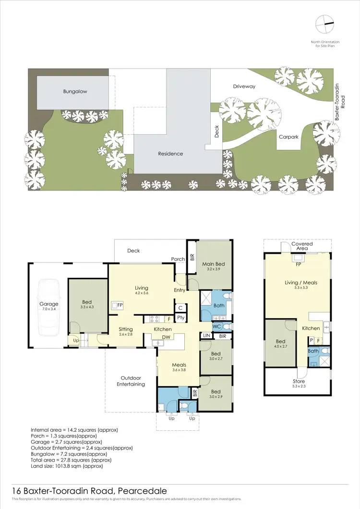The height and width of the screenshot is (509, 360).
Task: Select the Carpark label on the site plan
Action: coord(288,137)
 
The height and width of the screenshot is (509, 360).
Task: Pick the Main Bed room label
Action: coord(213,264)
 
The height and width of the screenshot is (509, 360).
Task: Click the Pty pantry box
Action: coord(180,318)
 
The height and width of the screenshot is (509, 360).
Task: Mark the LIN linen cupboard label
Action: coord(206,336)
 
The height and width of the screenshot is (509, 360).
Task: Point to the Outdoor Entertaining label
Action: coord(131,381)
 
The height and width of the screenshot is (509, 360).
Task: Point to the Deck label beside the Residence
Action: coord(216,132)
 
